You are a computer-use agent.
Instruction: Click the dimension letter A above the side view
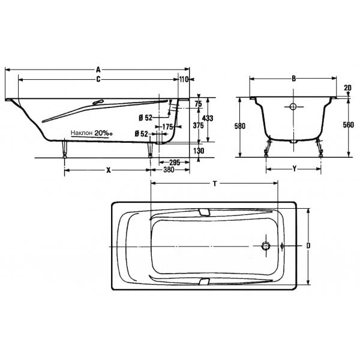pos(98,70)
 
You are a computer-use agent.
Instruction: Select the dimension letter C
pos(98,79)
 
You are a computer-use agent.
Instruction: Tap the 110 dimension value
pos(184,79)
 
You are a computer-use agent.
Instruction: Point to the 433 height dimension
pos(208,118)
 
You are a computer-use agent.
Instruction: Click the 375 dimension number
pos(198,125)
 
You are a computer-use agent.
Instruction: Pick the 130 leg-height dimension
pos(199,151)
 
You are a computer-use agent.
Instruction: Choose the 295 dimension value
pos(175,163)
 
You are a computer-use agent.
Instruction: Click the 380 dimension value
pos(169,170)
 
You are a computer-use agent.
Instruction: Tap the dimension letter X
pos(109,170)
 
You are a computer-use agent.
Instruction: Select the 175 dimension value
pos(168,127)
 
